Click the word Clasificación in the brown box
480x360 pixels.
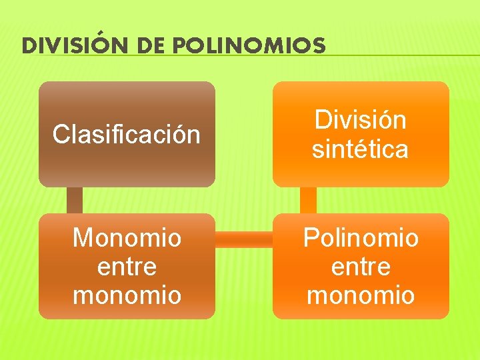coord(127,135)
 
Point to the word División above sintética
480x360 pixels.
coord(361,121)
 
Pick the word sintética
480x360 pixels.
coord(361,149)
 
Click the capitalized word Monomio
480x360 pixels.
coord(127,238)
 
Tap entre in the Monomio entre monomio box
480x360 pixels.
coord(127,267)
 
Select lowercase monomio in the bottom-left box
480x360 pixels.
coord(127,295)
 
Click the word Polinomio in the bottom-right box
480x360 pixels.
coord(361,238)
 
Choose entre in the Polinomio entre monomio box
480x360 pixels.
coord(361,267)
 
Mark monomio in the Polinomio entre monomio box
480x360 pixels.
coord(361,295)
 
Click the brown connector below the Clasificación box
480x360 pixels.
coord(75,200)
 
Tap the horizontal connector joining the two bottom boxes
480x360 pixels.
coord(244,239)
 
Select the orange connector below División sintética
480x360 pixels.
coord(309,200)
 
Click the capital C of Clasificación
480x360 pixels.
coord(60,135)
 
